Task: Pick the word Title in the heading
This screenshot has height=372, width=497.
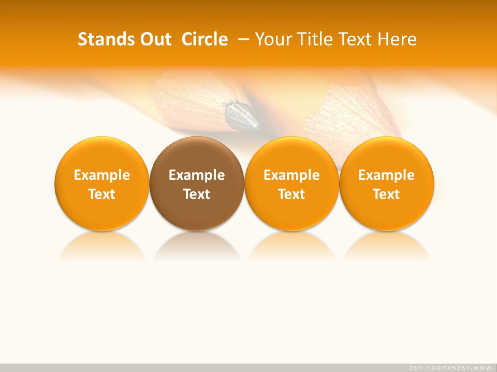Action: (x=315, y=39)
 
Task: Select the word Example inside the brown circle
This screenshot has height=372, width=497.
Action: (x=197, y=175)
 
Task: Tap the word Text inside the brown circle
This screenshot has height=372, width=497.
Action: (x=197, y=194)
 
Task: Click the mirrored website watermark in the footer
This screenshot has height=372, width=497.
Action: (x=450, y=367)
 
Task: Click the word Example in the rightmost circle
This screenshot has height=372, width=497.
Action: (x=386, y=175)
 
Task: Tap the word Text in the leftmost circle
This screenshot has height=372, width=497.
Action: (x=101, y=194)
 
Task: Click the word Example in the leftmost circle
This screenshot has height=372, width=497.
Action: (x=101, y=175)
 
